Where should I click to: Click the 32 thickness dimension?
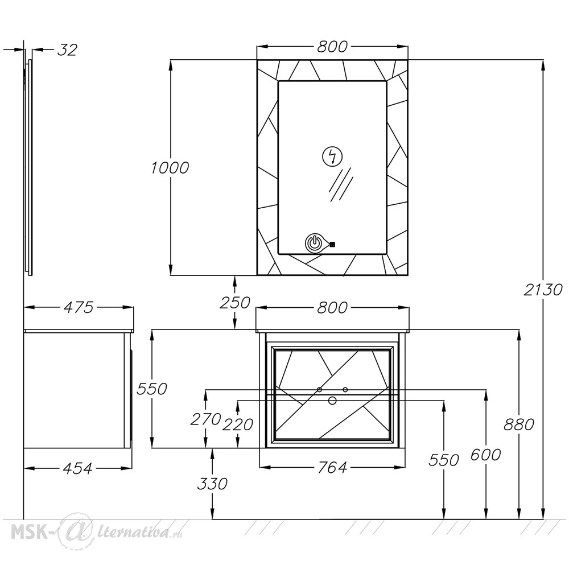[x=68, y=50]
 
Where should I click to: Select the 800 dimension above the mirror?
[x=332, y=47]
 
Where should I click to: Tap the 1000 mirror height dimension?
[x=170, y=168]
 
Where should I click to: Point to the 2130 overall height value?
[x=543, y=290]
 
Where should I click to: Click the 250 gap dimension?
[x=235, y=303]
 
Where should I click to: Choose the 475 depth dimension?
[x=79, y=307]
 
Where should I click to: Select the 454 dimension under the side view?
[x=77, y=468]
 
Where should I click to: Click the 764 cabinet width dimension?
[x=332, y=467]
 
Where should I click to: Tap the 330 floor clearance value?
[x=212, y=484]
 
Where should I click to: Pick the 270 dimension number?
[x=206, y=419]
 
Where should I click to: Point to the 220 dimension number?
[x=238, y=424]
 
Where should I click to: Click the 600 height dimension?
[x=485, y=454]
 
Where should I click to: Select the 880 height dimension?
[x=519, y=424]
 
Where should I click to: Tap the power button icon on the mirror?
[x=314, y=243]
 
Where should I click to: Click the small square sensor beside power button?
[x=332, y=244]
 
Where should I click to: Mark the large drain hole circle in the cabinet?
[x=332, y=401]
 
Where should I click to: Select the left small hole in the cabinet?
[x=319, y=390]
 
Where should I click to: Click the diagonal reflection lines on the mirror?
[x=341, y=185]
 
